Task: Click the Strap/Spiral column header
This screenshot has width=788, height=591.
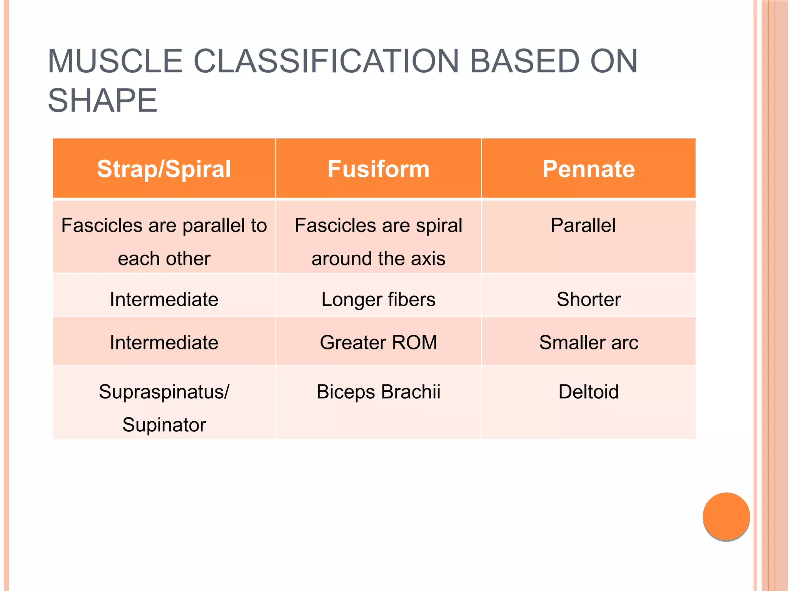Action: [x=164, y=169]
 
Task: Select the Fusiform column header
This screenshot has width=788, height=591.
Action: [x=378, y=169]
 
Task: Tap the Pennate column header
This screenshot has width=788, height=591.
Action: [x=588, y=169]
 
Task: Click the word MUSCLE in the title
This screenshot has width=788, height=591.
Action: [x=115, y=61]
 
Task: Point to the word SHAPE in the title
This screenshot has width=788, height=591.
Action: [x=102, y=100]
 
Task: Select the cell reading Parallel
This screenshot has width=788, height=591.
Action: [x=583, y=225]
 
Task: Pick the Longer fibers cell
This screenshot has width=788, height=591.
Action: [x=378, y=299]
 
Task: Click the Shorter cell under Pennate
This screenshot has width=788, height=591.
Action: [x=588, y=299]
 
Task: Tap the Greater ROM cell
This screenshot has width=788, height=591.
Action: [x=378, y=342]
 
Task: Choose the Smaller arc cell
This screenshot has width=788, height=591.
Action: [x=588, y=342]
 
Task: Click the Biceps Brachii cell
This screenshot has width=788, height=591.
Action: [x=378, y=392]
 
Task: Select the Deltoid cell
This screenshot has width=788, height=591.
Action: [x=588, y=392]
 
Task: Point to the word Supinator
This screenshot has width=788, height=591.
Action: [x=164, y=425]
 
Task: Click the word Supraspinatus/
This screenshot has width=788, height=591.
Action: [x=164, y=392]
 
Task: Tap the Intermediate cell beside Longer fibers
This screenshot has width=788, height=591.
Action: [x=164, y=299]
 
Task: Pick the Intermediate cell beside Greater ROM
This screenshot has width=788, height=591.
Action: [x=164, y=342]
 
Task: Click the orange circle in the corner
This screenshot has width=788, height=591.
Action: [x=726, y=516]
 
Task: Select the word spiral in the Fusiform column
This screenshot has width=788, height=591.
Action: [x=439, y=225]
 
